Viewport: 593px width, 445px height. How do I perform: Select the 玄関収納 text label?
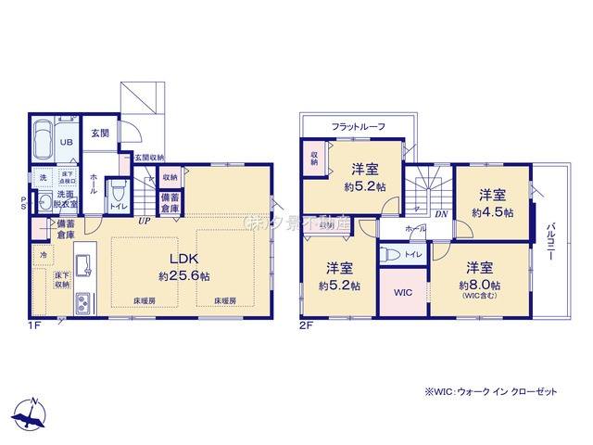149,158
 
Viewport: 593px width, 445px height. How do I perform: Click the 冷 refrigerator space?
43,253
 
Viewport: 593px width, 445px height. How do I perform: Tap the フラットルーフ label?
358,126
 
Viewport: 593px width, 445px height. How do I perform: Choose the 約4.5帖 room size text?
491,211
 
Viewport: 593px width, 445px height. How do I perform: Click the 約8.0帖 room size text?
482,285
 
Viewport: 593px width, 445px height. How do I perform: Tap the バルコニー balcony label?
551,243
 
